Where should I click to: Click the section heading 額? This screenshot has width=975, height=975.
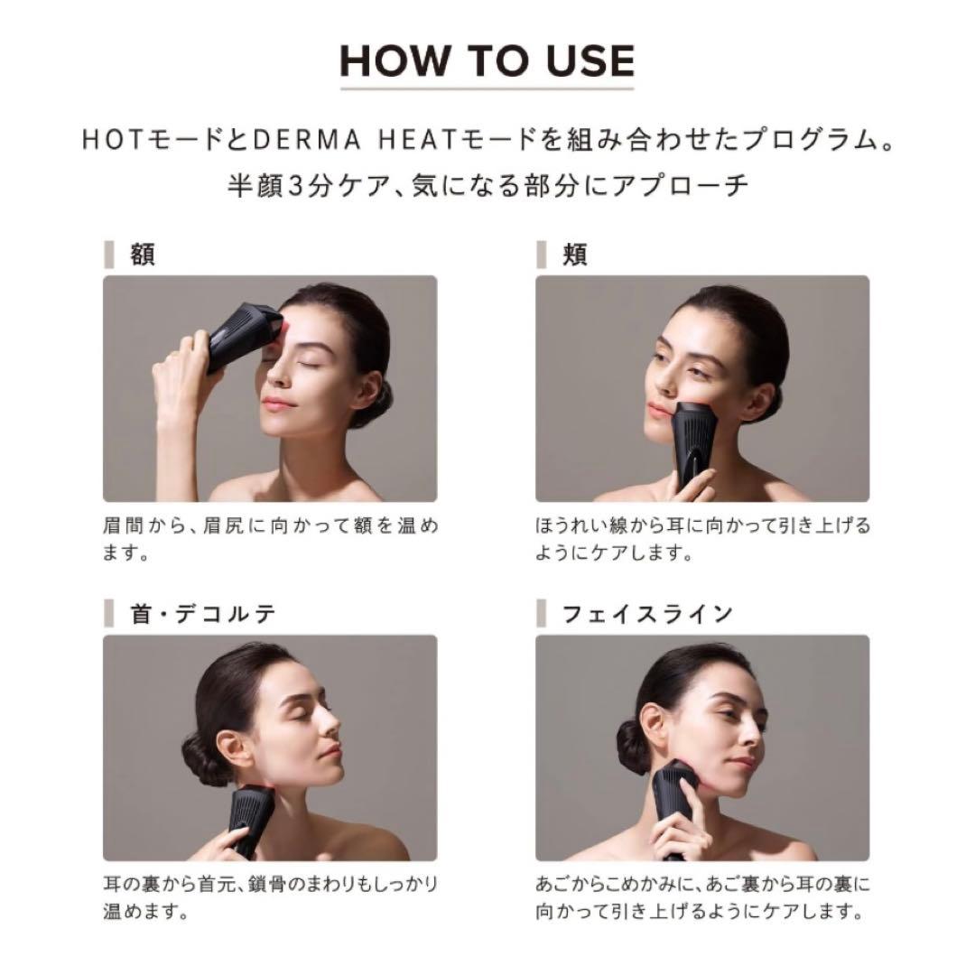tap(143, 255)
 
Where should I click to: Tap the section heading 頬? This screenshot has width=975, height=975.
tap(575, 255)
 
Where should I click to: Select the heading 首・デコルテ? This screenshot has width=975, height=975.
tap(202, 614)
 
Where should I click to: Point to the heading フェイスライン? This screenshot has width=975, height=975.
tap(647, 614)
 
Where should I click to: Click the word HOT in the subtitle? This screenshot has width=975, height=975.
tap(108, 143)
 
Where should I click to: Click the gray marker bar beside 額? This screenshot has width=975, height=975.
tap(109, 255)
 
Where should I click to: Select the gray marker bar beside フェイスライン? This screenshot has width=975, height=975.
tap(542, 614)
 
